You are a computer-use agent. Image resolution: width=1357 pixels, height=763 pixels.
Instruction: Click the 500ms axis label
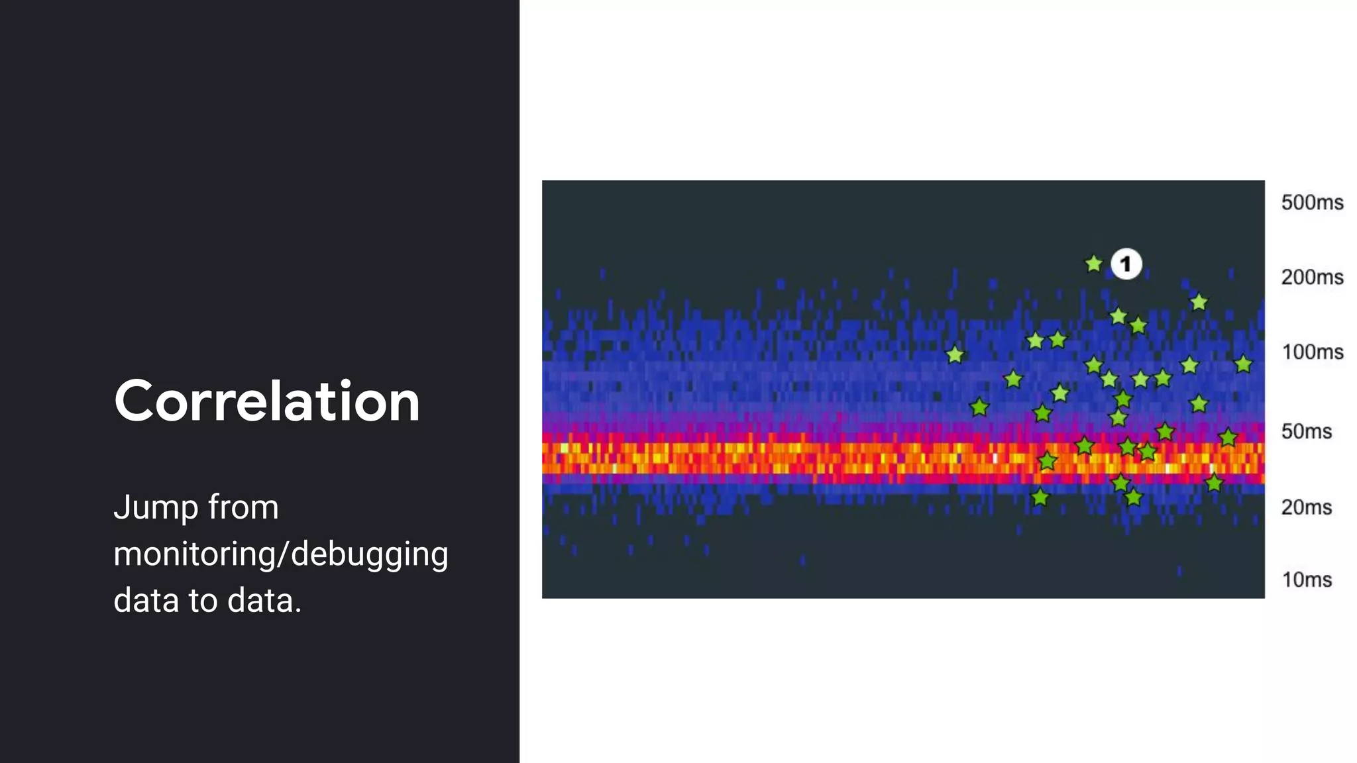[1311, 202]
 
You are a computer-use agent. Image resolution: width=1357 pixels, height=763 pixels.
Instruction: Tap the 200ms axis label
[1311, 277]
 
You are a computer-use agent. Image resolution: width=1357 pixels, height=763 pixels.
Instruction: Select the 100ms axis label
[1311, 352]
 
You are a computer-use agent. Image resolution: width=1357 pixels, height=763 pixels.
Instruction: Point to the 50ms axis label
[1305, 431]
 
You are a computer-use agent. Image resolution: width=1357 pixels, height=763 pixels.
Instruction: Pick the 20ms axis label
[1305, 507]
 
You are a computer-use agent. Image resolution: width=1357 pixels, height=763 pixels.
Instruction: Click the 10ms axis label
[1306, 580]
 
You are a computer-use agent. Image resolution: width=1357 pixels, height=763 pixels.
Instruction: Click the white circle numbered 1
[1126, 264]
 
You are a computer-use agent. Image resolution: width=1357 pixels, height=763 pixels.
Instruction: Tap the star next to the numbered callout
[1093, 264]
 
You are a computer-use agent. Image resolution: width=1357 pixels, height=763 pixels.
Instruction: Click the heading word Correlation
[267, 401]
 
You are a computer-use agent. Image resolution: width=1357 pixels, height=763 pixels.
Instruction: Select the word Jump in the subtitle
[156, 509]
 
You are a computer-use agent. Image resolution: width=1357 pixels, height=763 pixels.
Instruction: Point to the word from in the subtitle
[243, 507]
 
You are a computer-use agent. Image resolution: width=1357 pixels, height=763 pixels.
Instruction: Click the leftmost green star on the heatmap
[955, 355]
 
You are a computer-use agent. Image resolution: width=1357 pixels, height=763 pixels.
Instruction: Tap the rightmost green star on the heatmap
[1243, 364]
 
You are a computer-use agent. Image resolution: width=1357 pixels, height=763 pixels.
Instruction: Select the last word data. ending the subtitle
[264, 601]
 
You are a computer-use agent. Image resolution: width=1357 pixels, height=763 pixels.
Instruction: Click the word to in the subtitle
[203, 601]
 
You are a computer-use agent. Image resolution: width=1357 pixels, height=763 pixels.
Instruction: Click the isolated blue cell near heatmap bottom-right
[1179, 571]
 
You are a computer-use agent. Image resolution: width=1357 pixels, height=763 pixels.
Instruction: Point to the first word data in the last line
[146, 601]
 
